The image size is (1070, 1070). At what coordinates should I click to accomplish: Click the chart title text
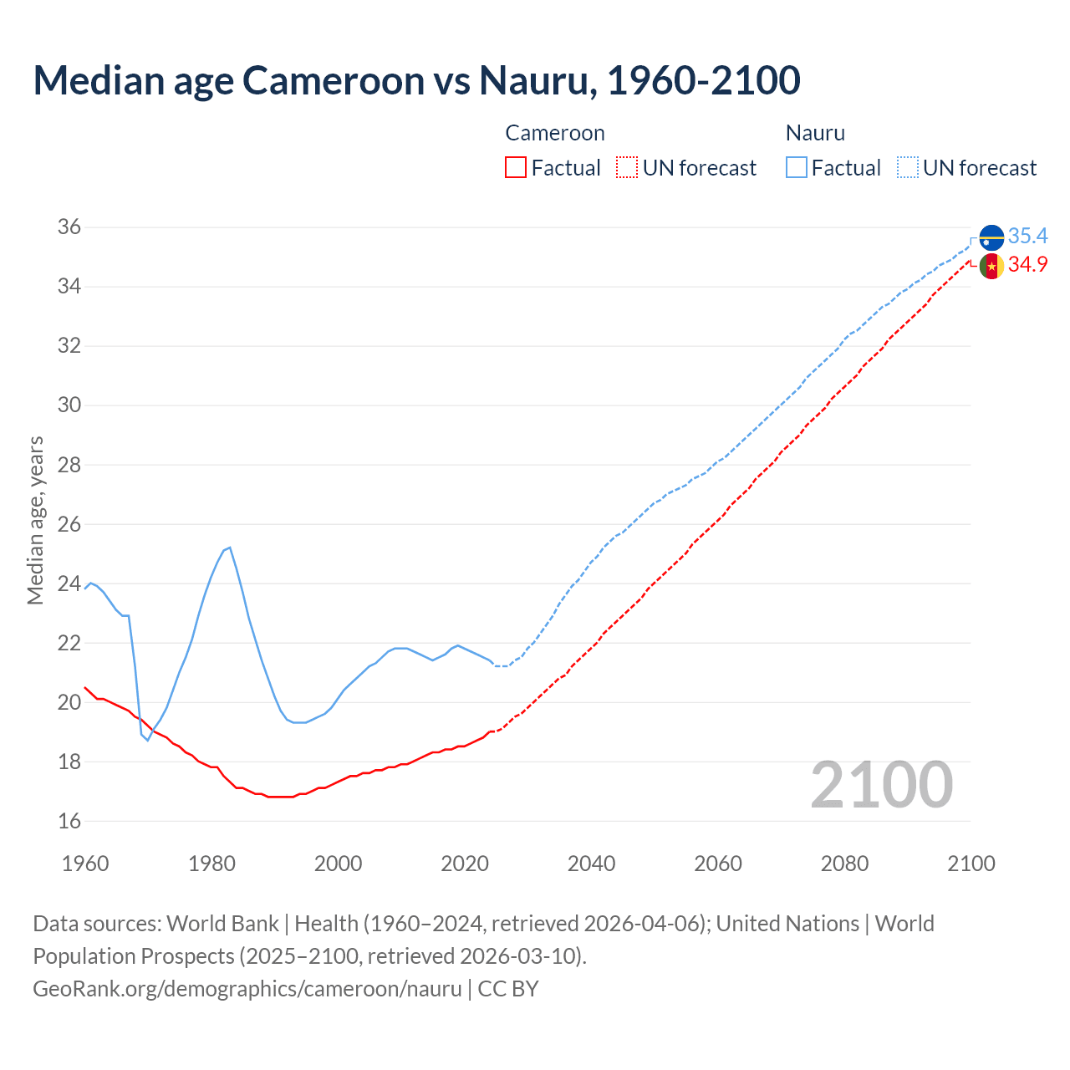416,80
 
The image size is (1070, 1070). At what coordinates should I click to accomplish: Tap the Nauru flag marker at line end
991,237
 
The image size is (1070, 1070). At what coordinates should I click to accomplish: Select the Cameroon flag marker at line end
991,267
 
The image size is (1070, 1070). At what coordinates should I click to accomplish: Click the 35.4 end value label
1027,236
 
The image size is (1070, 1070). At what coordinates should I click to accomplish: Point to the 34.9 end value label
1027,265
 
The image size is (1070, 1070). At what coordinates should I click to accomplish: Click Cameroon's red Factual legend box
516,168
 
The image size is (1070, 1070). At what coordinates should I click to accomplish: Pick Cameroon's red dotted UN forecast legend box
627,168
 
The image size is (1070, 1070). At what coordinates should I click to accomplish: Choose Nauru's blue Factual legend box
797,168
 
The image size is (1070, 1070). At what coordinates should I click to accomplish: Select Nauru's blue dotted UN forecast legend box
907,168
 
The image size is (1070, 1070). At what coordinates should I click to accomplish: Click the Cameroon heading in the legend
555,133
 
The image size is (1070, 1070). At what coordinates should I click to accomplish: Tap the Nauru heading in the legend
815,133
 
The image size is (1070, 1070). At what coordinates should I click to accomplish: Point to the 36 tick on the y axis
69,227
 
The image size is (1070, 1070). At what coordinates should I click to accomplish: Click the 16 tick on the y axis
69,821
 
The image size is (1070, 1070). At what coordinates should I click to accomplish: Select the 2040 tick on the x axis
591,864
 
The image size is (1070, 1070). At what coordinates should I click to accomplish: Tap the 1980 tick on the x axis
211,864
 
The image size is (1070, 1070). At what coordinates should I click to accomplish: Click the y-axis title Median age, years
35,520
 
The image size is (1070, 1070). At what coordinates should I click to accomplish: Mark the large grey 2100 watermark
881,784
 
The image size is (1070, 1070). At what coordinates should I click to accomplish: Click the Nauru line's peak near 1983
230,548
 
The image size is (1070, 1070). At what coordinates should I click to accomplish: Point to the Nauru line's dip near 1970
148,740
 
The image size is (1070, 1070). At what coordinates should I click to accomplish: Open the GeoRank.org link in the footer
247,988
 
